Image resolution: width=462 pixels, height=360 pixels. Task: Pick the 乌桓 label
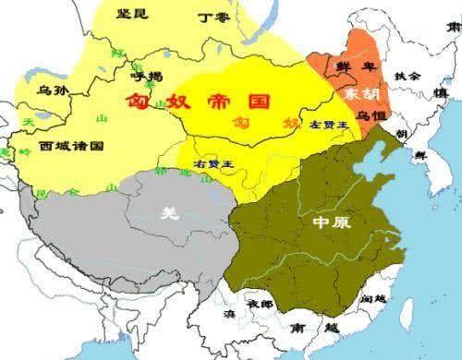(x=370, y=114)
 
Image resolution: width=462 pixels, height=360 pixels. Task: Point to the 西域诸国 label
(x=72, y=146)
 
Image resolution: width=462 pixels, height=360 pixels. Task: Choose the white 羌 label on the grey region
(x=166, y=212)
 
